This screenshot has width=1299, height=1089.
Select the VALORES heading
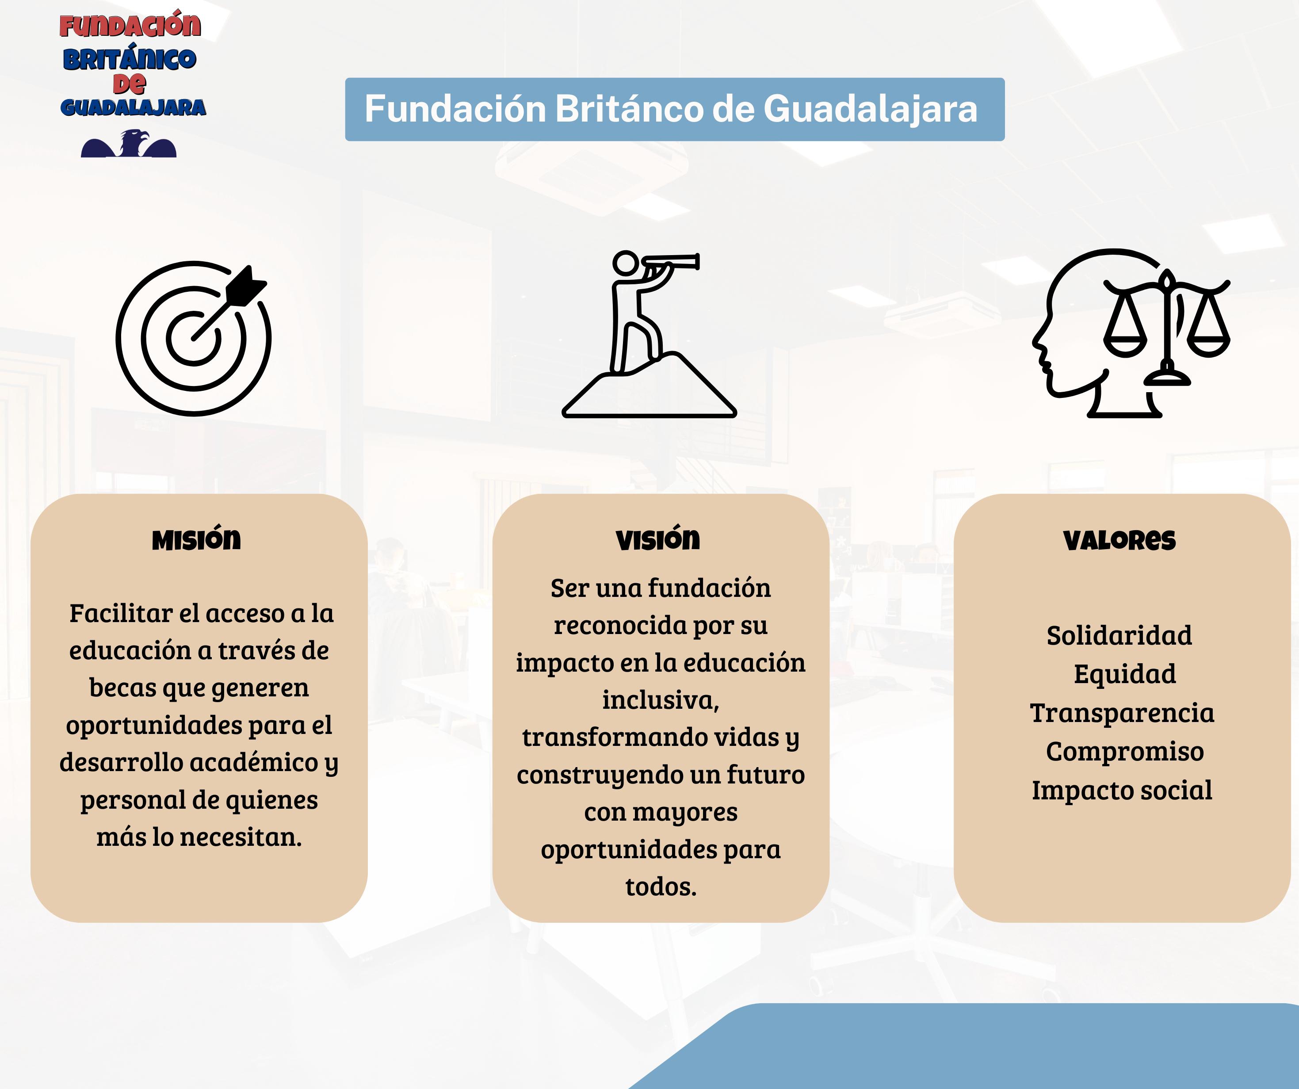pos(1119,540)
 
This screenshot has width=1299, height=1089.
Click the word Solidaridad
pos(1119,635)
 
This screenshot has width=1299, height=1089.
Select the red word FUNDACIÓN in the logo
pos(130,25)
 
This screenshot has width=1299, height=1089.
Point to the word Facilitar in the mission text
pos(121,613)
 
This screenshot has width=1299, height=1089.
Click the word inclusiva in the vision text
pos(661,700)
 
